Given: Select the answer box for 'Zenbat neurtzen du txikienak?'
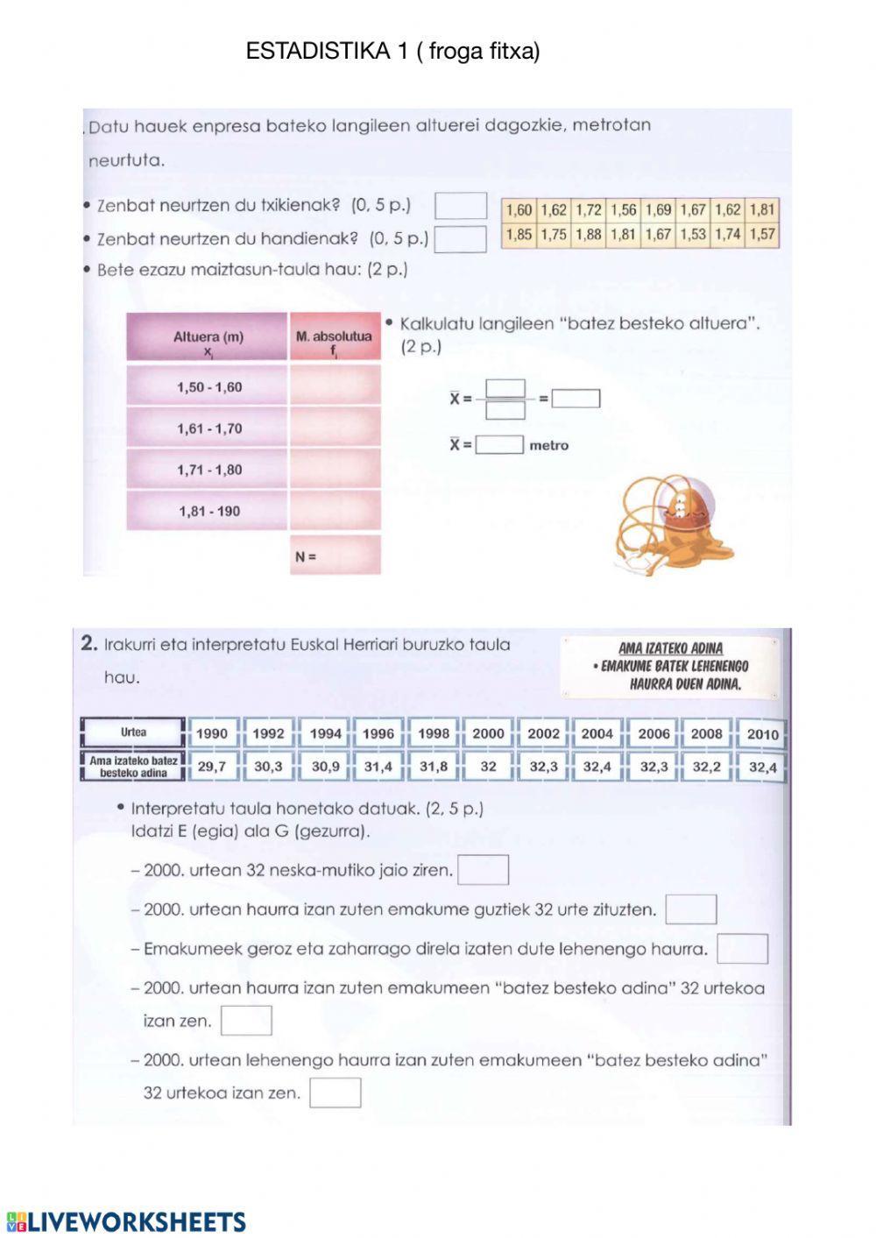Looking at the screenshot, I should pos(461,206).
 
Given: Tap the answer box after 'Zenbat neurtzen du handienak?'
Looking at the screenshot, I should pos(461,238).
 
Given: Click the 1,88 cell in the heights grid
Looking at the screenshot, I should pos(588,234).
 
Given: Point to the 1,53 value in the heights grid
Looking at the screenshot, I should pos(692,234).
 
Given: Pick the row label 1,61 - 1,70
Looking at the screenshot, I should pos(208,428).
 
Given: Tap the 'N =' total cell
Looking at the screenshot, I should pos(335,556).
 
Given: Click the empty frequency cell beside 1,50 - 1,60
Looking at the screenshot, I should pos(335,386).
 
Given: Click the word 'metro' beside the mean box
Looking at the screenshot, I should pos(548,445).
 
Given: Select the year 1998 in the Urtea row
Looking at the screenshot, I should pos(433,733).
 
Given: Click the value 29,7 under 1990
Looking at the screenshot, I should pos(211,766).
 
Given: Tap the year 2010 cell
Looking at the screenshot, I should pos(762,733).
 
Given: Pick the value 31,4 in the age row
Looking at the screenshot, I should pos(378,766).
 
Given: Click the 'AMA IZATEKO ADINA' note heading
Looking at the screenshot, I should pos(670,648).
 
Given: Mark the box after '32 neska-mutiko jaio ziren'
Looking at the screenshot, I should pos(483,870).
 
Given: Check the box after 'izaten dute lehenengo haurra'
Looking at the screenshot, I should pos(742,949).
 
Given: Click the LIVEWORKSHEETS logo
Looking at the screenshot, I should pos(126,1222).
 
